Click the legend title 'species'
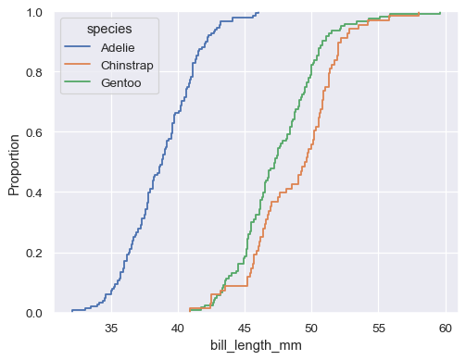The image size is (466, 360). coord(108,30)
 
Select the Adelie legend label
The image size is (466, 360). coord(119,47)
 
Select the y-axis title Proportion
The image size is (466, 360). coord(14,163)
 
